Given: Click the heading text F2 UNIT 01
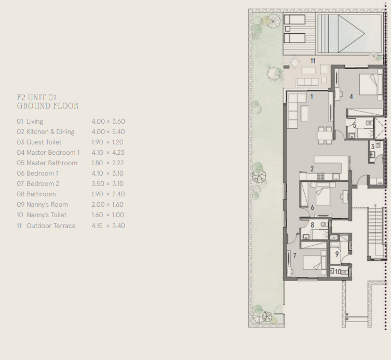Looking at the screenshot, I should point(36,97).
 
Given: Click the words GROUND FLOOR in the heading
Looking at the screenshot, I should point(48,106).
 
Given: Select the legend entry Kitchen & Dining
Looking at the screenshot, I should point(50,132).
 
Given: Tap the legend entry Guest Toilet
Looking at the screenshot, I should point(44,142).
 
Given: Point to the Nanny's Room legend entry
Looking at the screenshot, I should point(47,205).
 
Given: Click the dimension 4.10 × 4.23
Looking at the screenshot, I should point(108,153).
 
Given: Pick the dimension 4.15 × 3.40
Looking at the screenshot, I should point(108,226).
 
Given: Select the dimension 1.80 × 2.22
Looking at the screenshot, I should point(108,163).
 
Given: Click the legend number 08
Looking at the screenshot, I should point(20,194).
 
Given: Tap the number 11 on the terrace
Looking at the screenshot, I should point(313,61).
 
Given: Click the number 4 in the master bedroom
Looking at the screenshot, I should point(351,97).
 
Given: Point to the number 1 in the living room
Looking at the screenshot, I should point(312,97).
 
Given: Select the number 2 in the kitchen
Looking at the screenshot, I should point(312,169).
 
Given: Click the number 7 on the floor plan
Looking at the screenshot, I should point(294,256).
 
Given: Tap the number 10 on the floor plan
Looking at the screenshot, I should point(338,272).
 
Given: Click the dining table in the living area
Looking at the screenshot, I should point(325,134).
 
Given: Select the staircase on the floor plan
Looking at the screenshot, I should point(374,231).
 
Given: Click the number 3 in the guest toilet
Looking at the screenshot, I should point(373,147).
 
